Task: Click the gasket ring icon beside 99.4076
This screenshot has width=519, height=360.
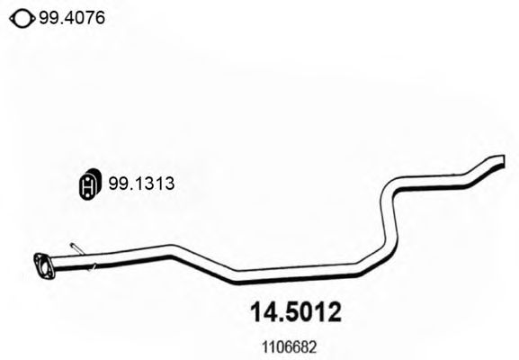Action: pos(20,15)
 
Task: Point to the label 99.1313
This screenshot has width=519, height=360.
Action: pos(140,184)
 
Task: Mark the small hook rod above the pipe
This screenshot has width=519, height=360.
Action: pos(76,247)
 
